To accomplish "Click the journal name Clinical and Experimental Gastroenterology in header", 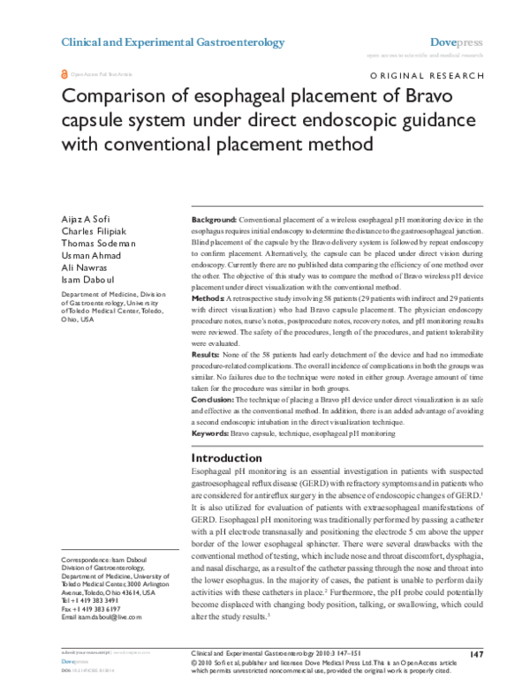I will [172, 42].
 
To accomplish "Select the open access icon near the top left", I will [63, 75].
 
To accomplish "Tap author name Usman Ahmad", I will [91, 262].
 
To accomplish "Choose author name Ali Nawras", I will [85, 277].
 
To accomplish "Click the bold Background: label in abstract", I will [214, 218].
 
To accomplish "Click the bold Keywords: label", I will [210, 434].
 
